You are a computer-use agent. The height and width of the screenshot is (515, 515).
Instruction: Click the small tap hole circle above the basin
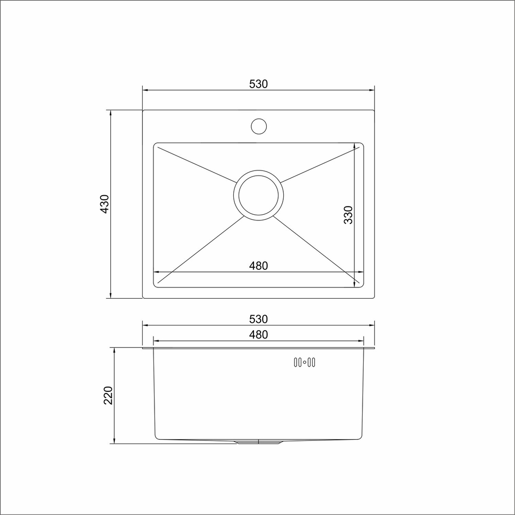pos(259,126)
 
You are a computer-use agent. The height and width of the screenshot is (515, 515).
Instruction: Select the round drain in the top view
pos(259,195)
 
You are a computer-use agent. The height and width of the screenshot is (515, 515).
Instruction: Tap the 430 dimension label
pos(105,204)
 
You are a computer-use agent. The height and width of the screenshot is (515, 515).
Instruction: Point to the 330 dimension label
pos(349,214)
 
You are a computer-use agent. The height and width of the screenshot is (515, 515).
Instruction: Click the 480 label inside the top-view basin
pos(259,266)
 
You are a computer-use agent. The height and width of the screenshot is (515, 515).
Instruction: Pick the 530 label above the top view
pos(259,84)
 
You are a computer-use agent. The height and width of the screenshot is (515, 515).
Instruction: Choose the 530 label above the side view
pos(259,319)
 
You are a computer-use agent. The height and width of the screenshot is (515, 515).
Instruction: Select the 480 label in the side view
pos(259,334)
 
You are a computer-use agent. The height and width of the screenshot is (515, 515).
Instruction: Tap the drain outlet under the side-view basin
pos(259,442)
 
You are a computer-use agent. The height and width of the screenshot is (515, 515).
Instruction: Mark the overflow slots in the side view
pos(304,363)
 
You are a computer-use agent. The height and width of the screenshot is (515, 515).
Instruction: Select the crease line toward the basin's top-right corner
pos(319,164)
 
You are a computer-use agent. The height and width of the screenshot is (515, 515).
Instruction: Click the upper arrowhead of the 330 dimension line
pos(355,146)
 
